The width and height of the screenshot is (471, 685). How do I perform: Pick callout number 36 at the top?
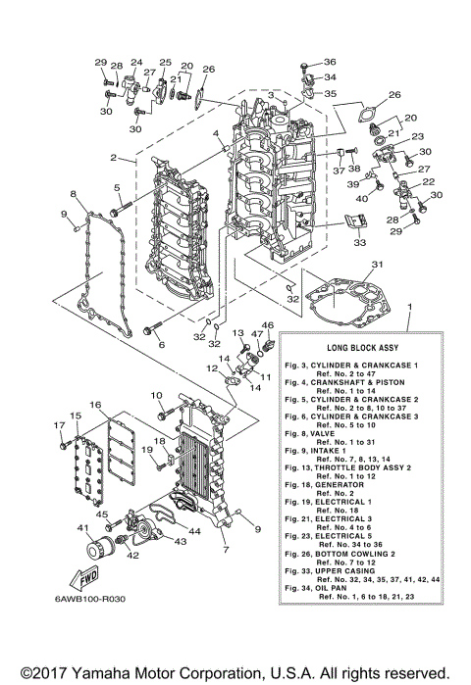331,62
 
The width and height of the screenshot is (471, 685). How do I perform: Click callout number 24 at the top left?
136,62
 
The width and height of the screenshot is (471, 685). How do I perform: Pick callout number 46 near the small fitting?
267,325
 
